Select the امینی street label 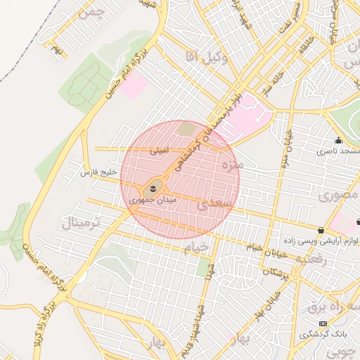pyautogui.click(x=158, y=150)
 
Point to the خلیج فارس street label pyautogui.click(x=96, y=172)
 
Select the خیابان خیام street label pyautogui.click(x=264, y=245)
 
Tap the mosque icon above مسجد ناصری pyautogui.click(x=338, y=140)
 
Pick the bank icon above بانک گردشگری pyautogui.click(x=323, y=323)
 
